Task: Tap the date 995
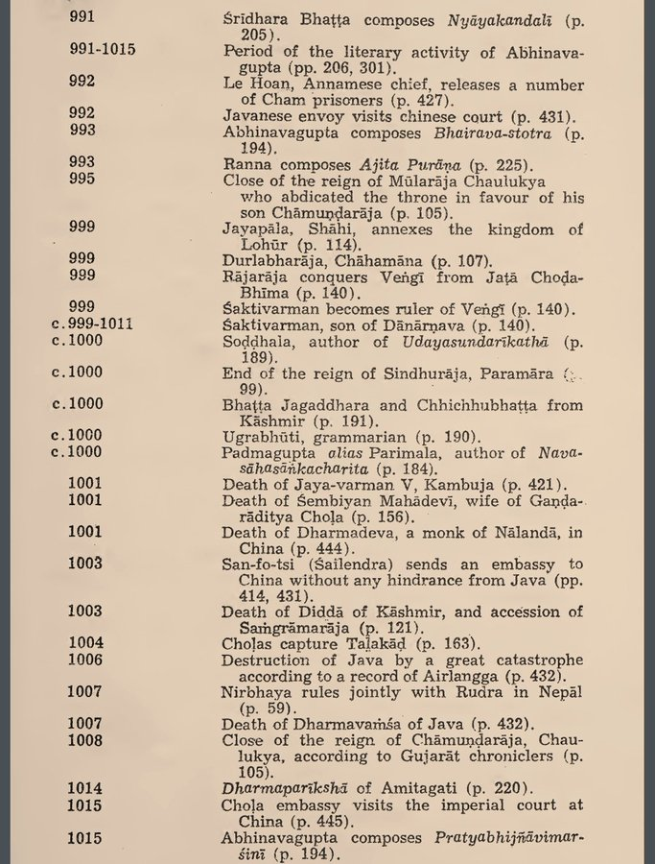(x=82, y=179)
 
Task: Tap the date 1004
(x=85, y=643)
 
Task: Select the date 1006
(x=85, y=660)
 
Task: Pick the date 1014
(x=85, y=788)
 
